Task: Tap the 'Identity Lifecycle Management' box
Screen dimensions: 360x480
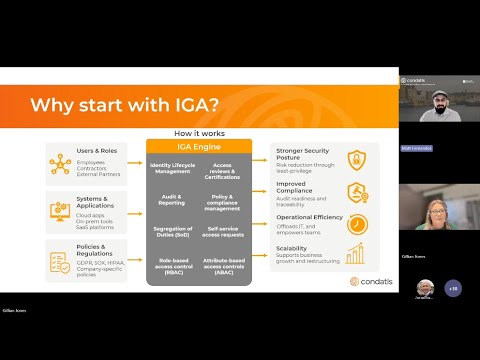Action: (173, 168)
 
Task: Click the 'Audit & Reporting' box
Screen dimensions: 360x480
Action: (172, 200)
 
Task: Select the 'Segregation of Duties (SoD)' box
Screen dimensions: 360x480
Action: (172, 232)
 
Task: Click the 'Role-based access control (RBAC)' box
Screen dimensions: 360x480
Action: (172, 265)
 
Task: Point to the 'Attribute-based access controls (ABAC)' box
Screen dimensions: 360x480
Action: (223, 265)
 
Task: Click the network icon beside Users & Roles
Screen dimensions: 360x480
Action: (61, 161)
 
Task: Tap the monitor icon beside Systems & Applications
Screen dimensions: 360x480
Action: (61, 208)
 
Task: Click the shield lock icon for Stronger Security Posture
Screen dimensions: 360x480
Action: (356, 160)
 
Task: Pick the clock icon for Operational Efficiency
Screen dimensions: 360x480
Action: (356, 225)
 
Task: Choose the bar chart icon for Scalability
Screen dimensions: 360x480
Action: (356, 254)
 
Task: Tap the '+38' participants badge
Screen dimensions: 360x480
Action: (453, 288)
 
